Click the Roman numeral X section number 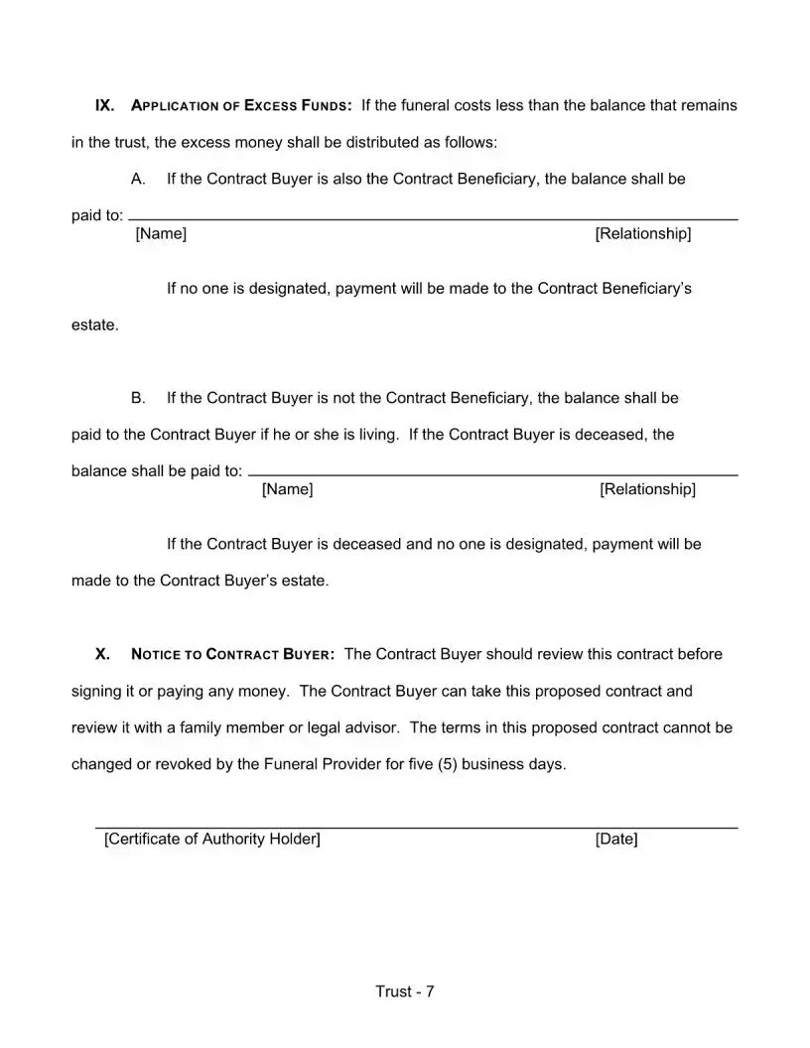[x=101, y=654]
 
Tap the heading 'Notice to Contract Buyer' [x=232, y=655]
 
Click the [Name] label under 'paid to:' [x=161, y=234]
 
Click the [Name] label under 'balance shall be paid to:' [x=287, y=489]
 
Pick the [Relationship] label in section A [x=643, y=234]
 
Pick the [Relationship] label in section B [x=647, y=489]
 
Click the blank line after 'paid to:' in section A [x=433, y=217]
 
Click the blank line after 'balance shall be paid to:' [x=492, y=474]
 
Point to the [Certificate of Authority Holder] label [x=212, y=840]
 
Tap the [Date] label [x=616, y=840]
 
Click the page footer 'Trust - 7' [x=405, y=992]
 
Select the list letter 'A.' [x=139, y=180]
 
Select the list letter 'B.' [x=139, y=398]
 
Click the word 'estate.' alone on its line [x=95, y=325]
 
